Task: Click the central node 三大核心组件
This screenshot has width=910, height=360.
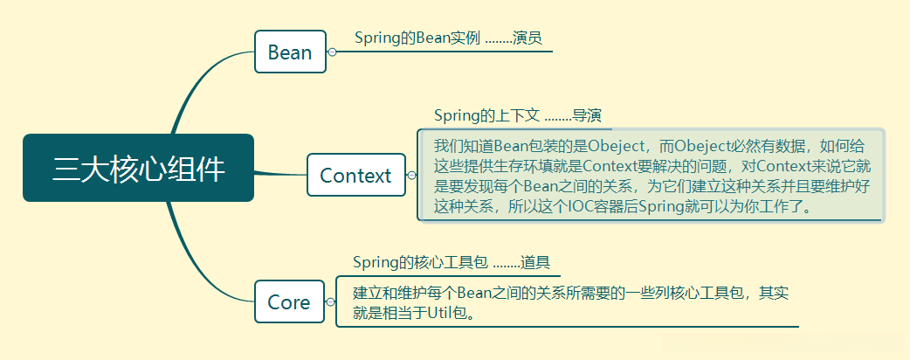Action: click(138, 168)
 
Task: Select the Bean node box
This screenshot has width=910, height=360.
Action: click(290, 52)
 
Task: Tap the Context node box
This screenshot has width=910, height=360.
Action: click(355, 175)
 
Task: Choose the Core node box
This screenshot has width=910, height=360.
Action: click(289, 302)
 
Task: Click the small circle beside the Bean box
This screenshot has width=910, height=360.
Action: click(332, 52)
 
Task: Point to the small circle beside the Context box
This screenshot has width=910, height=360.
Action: click(412, 175)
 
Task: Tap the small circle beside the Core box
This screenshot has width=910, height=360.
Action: click(330, 302)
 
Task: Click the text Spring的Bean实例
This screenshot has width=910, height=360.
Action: click(417, 38)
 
